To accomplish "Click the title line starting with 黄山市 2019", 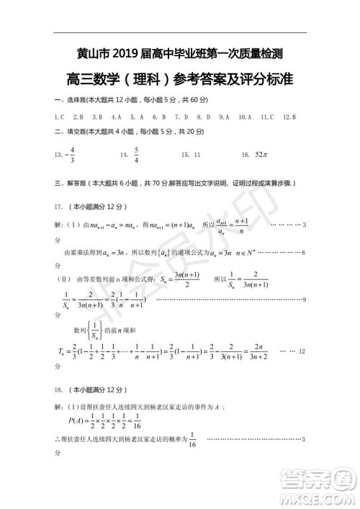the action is tap(179, 53).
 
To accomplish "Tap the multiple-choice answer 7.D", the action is tap(184, 116).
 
